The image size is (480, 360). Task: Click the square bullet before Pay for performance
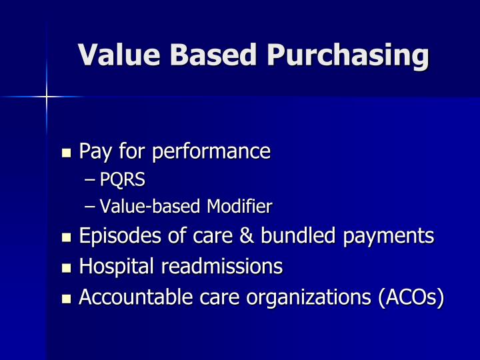66,153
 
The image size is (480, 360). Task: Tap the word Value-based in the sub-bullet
151,207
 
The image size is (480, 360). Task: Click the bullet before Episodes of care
66,238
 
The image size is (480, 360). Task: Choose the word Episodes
115,237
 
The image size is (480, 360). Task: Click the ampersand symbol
248,237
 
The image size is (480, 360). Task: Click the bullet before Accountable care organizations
66,299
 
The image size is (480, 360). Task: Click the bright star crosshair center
47,97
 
